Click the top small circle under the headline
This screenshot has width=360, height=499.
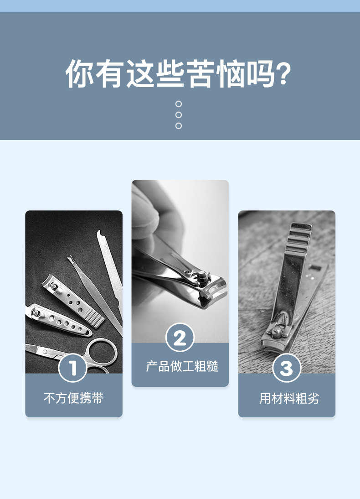(x=179, y=104)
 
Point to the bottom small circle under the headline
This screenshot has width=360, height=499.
(x=179, y=126)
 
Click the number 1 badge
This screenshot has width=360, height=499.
(x=73, y=368)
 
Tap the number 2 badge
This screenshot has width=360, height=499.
(x=180, y=338)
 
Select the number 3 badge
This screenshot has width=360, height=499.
(x=287, y=368)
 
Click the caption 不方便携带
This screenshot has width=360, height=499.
(x=73, y=398)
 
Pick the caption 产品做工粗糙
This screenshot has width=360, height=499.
(x=182, y=366)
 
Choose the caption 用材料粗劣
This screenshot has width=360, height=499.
(x=289, y=398)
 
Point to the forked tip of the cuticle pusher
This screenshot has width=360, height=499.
(x=71, y=260)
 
